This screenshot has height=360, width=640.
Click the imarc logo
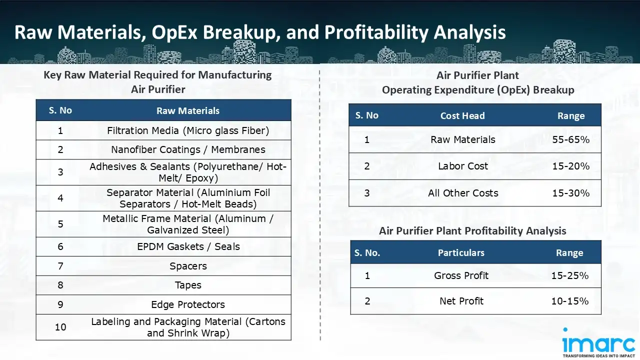(598, 342)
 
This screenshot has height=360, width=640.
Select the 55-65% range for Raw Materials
(571, 139)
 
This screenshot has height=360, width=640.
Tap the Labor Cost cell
(463, 166)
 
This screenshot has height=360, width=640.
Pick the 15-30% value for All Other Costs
(571, 193)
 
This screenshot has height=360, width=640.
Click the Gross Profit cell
(461, 275)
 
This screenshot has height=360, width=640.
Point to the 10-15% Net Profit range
(569, 301)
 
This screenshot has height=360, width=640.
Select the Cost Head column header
(462, 115)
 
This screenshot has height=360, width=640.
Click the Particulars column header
(461, 253)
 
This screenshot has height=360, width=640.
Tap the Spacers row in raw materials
(188, 266)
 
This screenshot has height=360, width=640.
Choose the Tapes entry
(188, 285)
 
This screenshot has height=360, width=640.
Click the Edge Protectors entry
(188, 304)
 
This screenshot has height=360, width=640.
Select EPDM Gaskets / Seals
(188, 246)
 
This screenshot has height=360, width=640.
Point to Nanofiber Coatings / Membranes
(188, 149)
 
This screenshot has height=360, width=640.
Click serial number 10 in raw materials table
(60, 327)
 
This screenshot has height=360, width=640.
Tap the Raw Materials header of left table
(188, 111)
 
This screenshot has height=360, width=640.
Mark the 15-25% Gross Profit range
(569, 275)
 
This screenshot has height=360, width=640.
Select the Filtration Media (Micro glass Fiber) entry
(188, 131)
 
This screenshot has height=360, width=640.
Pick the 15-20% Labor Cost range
(571, 166)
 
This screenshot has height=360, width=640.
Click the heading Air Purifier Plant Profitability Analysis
(472, 231)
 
